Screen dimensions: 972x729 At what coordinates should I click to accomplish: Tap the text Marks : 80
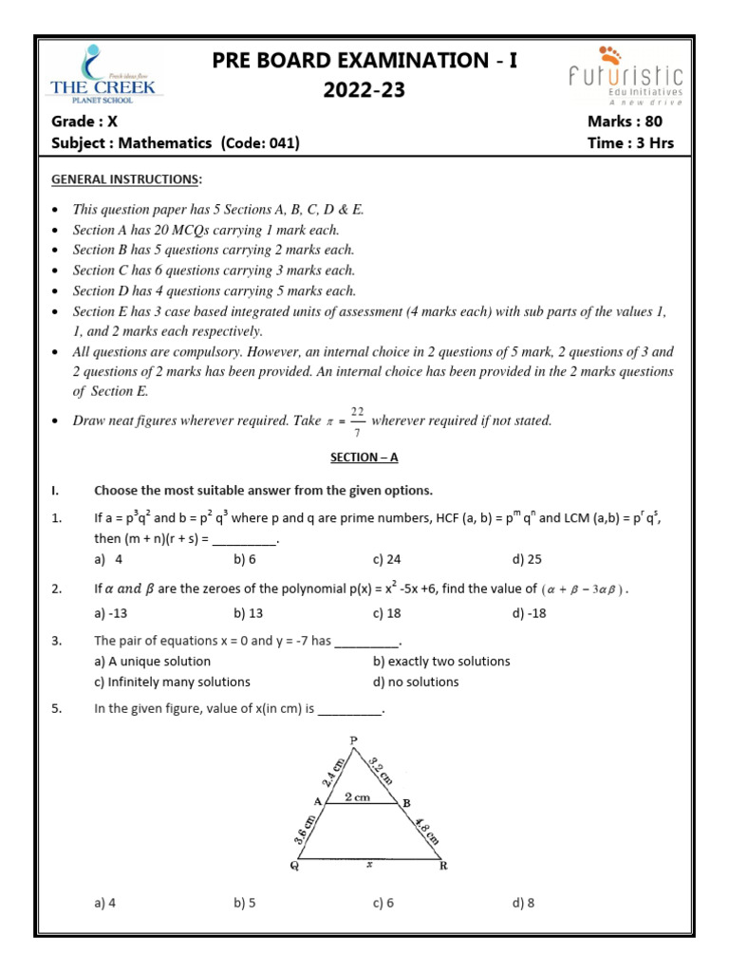(625, 121)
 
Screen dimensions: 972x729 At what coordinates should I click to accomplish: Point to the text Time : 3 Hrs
(631, 142)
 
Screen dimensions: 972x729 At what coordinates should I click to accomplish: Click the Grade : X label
(84, 121)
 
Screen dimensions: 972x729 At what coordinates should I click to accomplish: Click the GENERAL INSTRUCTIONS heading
(126, 179)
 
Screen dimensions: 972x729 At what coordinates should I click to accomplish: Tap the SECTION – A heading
(364, 457)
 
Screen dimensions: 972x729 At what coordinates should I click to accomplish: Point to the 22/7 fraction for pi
(357, 420)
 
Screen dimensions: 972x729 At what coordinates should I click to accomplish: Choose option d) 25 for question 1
(527, 559)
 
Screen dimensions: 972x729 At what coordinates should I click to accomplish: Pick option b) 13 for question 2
(249, 613)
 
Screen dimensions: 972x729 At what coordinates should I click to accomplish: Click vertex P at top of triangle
(353, 740)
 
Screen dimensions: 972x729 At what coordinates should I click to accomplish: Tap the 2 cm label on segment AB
(357, 798)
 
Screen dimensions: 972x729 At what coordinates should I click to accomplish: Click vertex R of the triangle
(444, 866)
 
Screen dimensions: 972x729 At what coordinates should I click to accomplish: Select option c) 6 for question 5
(383, 903)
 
